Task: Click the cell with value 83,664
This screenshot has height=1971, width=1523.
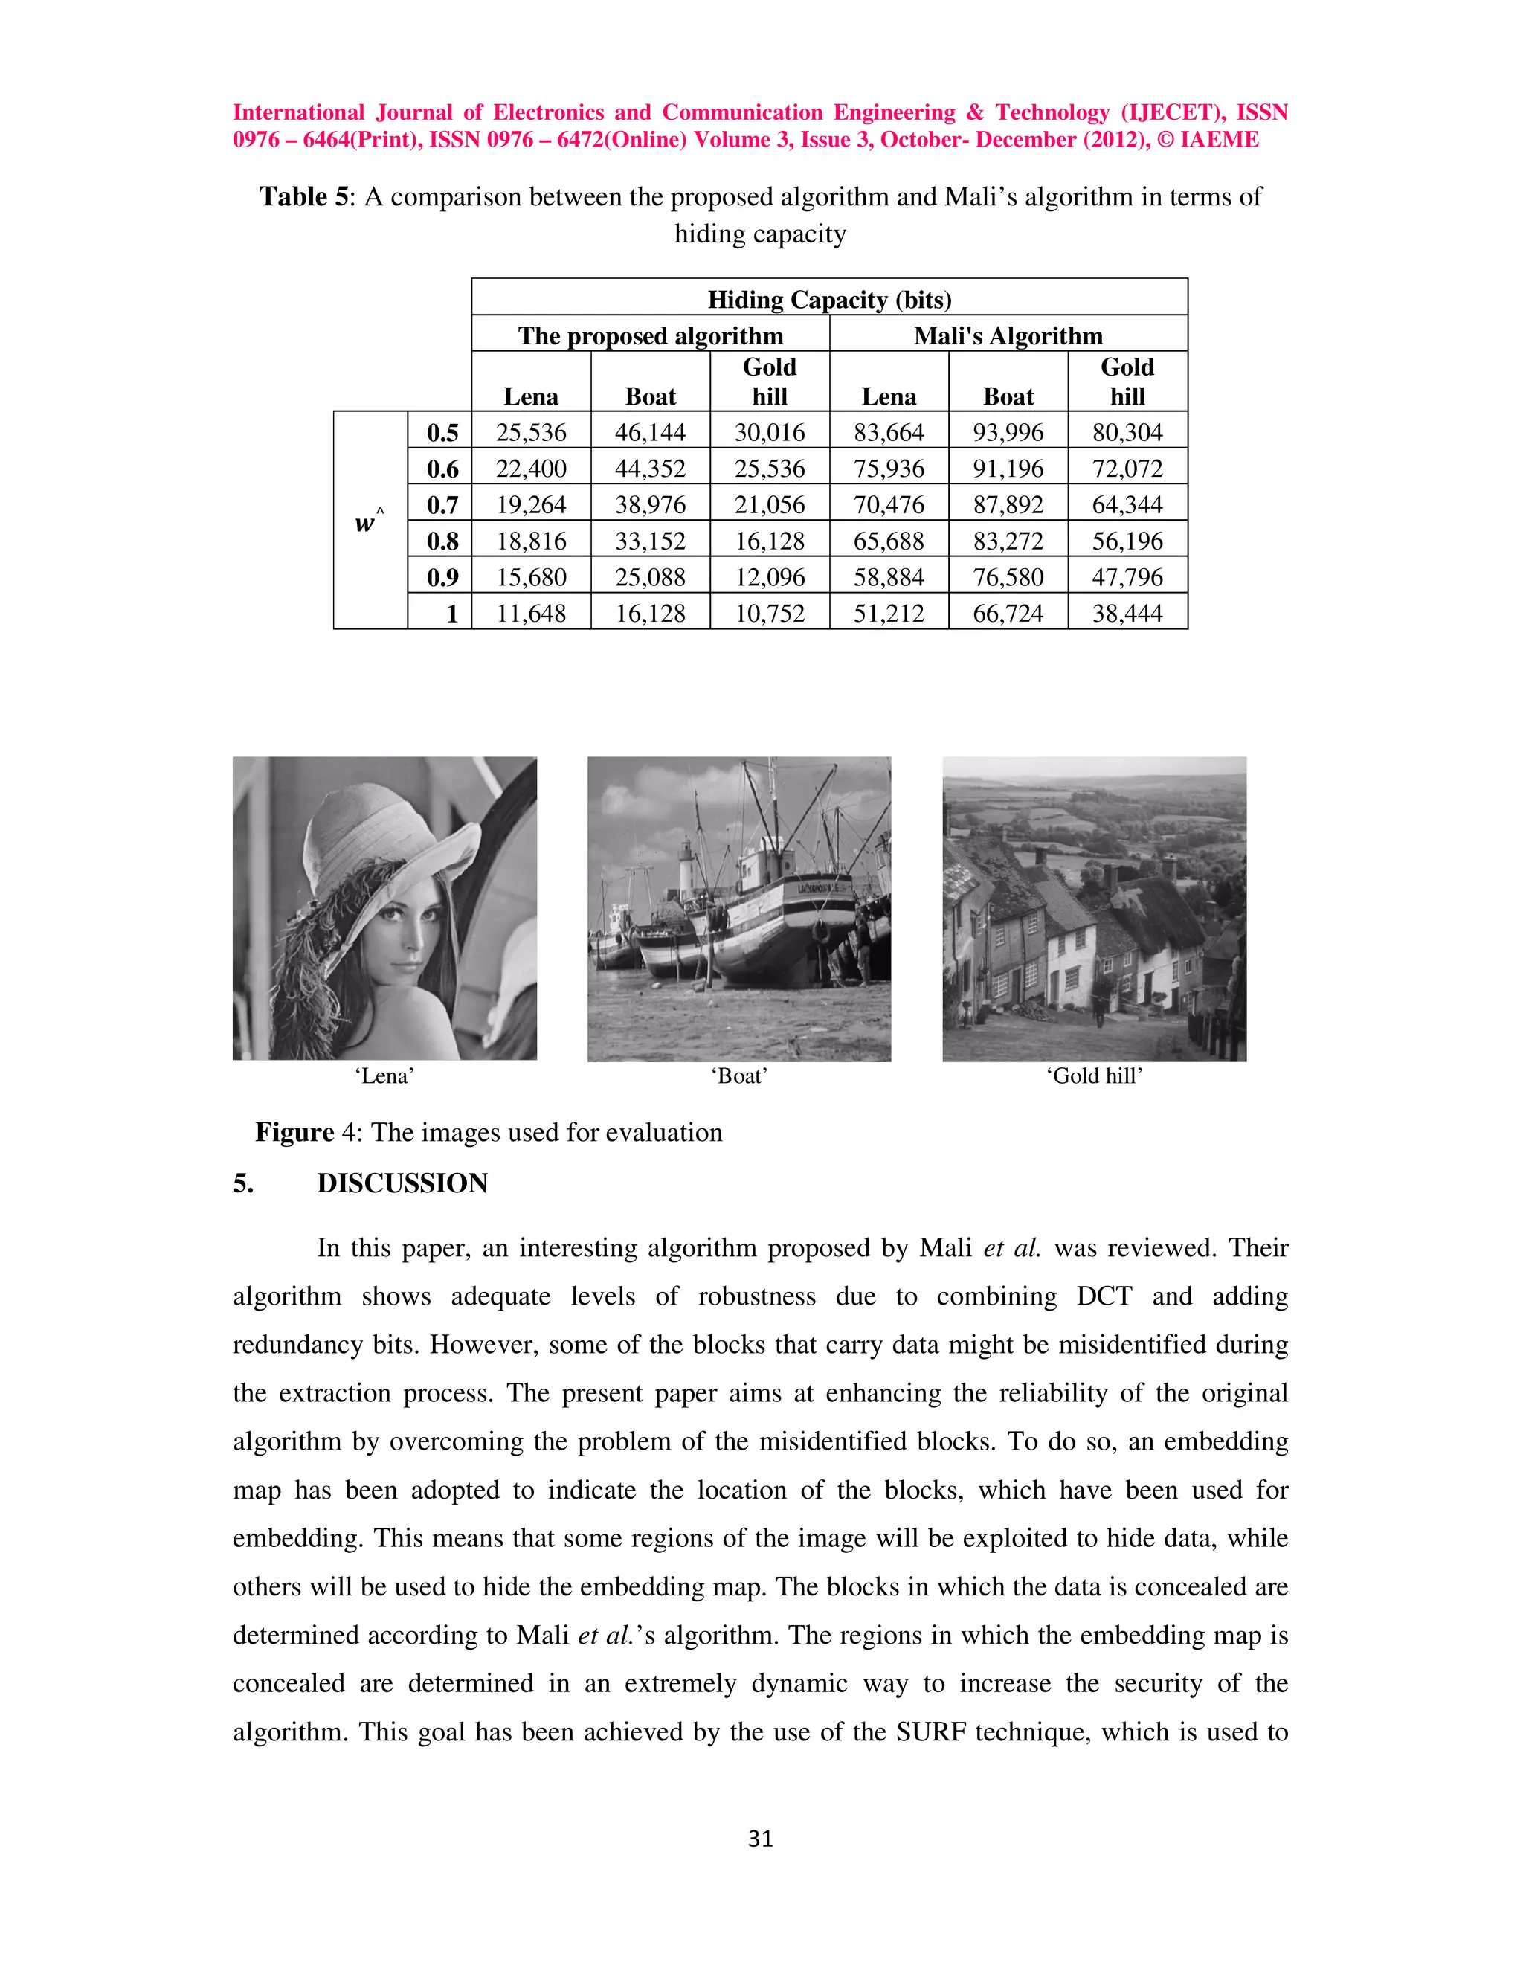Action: pos(889,432)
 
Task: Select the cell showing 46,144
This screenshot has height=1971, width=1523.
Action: pos(650,432)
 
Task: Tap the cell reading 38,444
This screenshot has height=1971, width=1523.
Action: pos(1127,614)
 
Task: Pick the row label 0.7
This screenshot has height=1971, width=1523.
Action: pos(442,505)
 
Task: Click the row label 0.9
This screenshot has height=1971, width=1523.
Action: pos(442,578)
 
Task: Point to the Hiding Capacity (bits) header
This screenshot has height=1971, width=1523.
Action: pos(829,300)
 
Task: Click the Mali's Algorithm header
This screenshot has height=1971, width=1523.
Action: pos(1008,335)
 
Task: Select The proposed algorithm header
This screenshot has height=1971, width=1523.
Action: pos(650,335)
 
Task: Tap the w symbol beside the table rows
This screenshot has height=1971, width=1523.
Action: pos(365,524)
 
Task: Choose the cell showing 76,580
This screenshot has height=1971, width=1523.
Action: pos(1008,578)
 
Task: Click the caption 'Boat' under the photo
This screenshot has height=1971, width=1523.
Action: pos(739,1075)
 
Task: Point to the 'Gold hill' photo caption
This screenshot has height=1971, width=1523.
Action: pos(1093,1075)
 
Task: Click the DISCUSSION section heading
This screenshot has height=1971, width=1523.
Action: pos(402,1183)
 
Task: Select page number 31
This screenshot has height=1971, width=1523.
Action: pos(761,1839)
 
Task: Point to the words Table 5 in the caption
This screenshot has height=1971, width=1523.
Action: pos(303,197)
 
